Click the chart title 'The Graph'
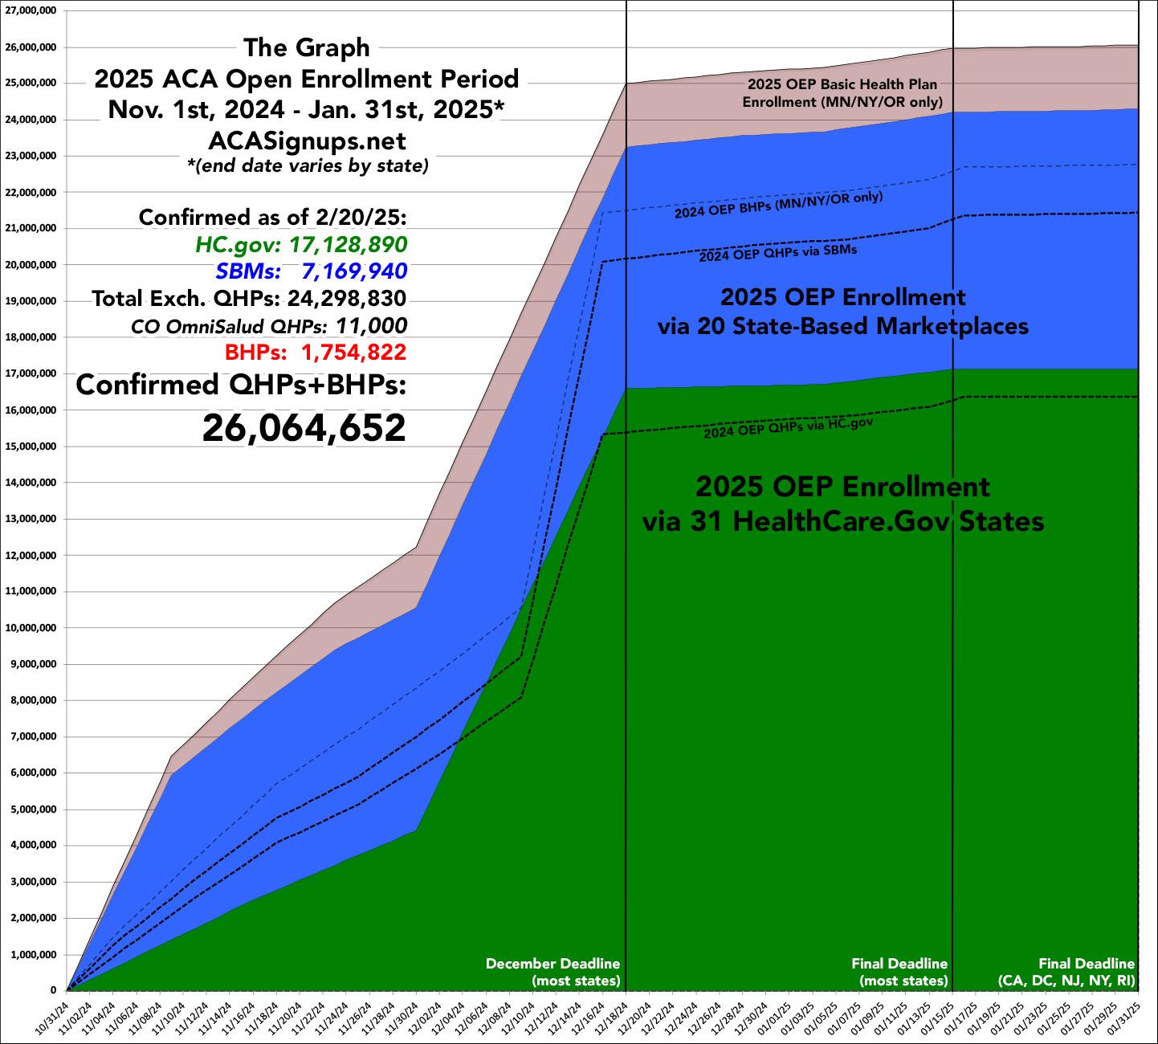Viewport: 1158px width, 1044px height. tap(306, 48)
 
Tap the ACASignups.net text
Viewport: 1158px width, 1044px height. tap(306, 141)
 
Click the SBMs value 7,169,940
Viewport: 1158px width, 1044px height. tap(354, 271)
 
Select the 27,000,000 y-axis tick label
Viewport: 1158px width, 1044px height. tap(30, 11)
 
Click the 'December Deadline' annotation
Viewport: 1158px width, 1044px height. tap(552, 964)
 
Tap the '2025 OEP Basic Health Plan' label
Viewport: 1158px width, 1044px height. tap(842, 84)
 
